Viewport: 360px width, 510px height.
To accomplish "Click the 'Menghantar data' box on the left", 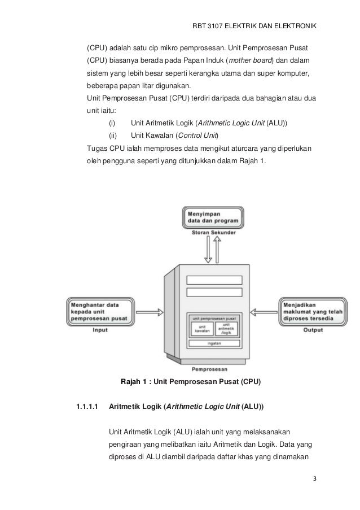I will pyautogui.click(x=100, y=311).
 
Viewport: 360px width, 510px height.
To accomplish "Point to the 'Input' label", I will pyautogui.click(x=100, y=330).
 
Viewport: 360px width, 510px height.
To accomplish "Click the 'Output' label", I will pyautogui.click(x=312, y=330).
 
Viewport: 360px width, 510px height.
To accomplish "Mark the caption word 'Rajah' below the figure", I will pyautogui.click(x=133, y=382).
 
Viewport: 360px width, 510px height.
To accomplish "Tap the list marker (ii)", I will pyautogui.click(x=112, y=136).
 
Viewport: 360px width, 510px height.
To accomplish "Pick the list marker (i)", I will pyautogui.click(x=112, y=123).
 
